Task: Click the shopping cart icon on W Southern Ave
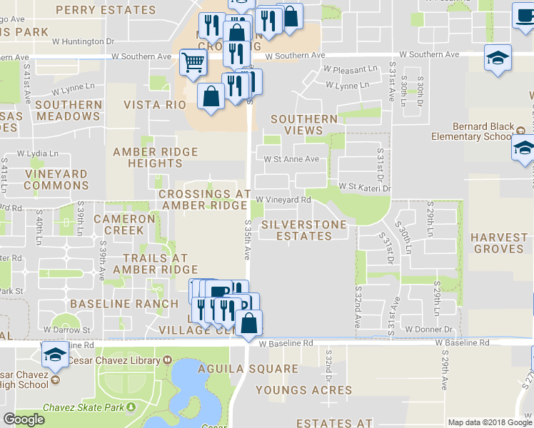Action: click(192, 62)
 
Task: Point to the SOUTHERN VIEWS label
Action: click(303, 125)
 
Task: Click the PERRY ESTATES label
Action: click(115, 10)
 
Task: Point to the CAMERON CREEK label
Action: click(124, 225)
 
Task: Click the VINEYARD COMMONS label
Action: click(56, 180)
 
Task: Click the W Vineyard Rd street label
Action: click(283, 200)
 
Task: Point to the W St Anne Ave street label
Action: click(291, 160)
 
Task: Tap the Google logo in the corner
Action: click(24, 419)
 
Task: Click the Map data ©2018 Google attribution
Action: click(490, 422)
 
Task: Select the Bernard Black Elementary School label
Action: click(473, 132)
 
